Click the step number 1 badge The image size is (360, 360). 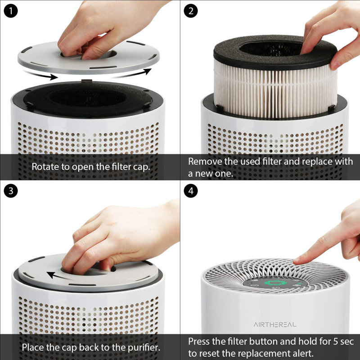click(x=10, y=11)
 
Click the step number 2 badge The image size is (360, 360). click(x=190, y=11)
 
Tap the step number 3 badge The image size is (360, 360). click(x=10, y=191)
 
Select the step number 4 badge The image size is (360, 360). click(x=190, y=191)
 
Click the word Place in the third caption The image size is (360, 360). click(x=32, y=347)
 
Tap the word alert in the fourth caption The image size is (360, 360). click(x=301, y=353)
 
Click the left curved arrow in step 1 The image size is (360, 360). click(x=40, y=74)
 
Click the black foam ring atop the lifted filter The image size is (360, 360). click(x=234, y=56)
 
